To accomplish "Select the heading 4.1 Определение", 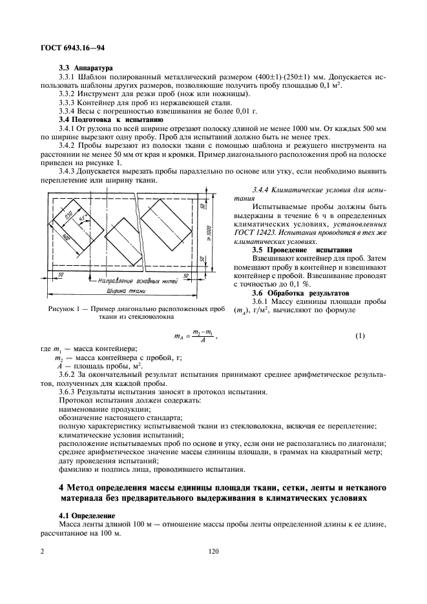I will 87,516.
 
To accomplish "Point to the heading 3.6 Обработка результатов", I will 297,293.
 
